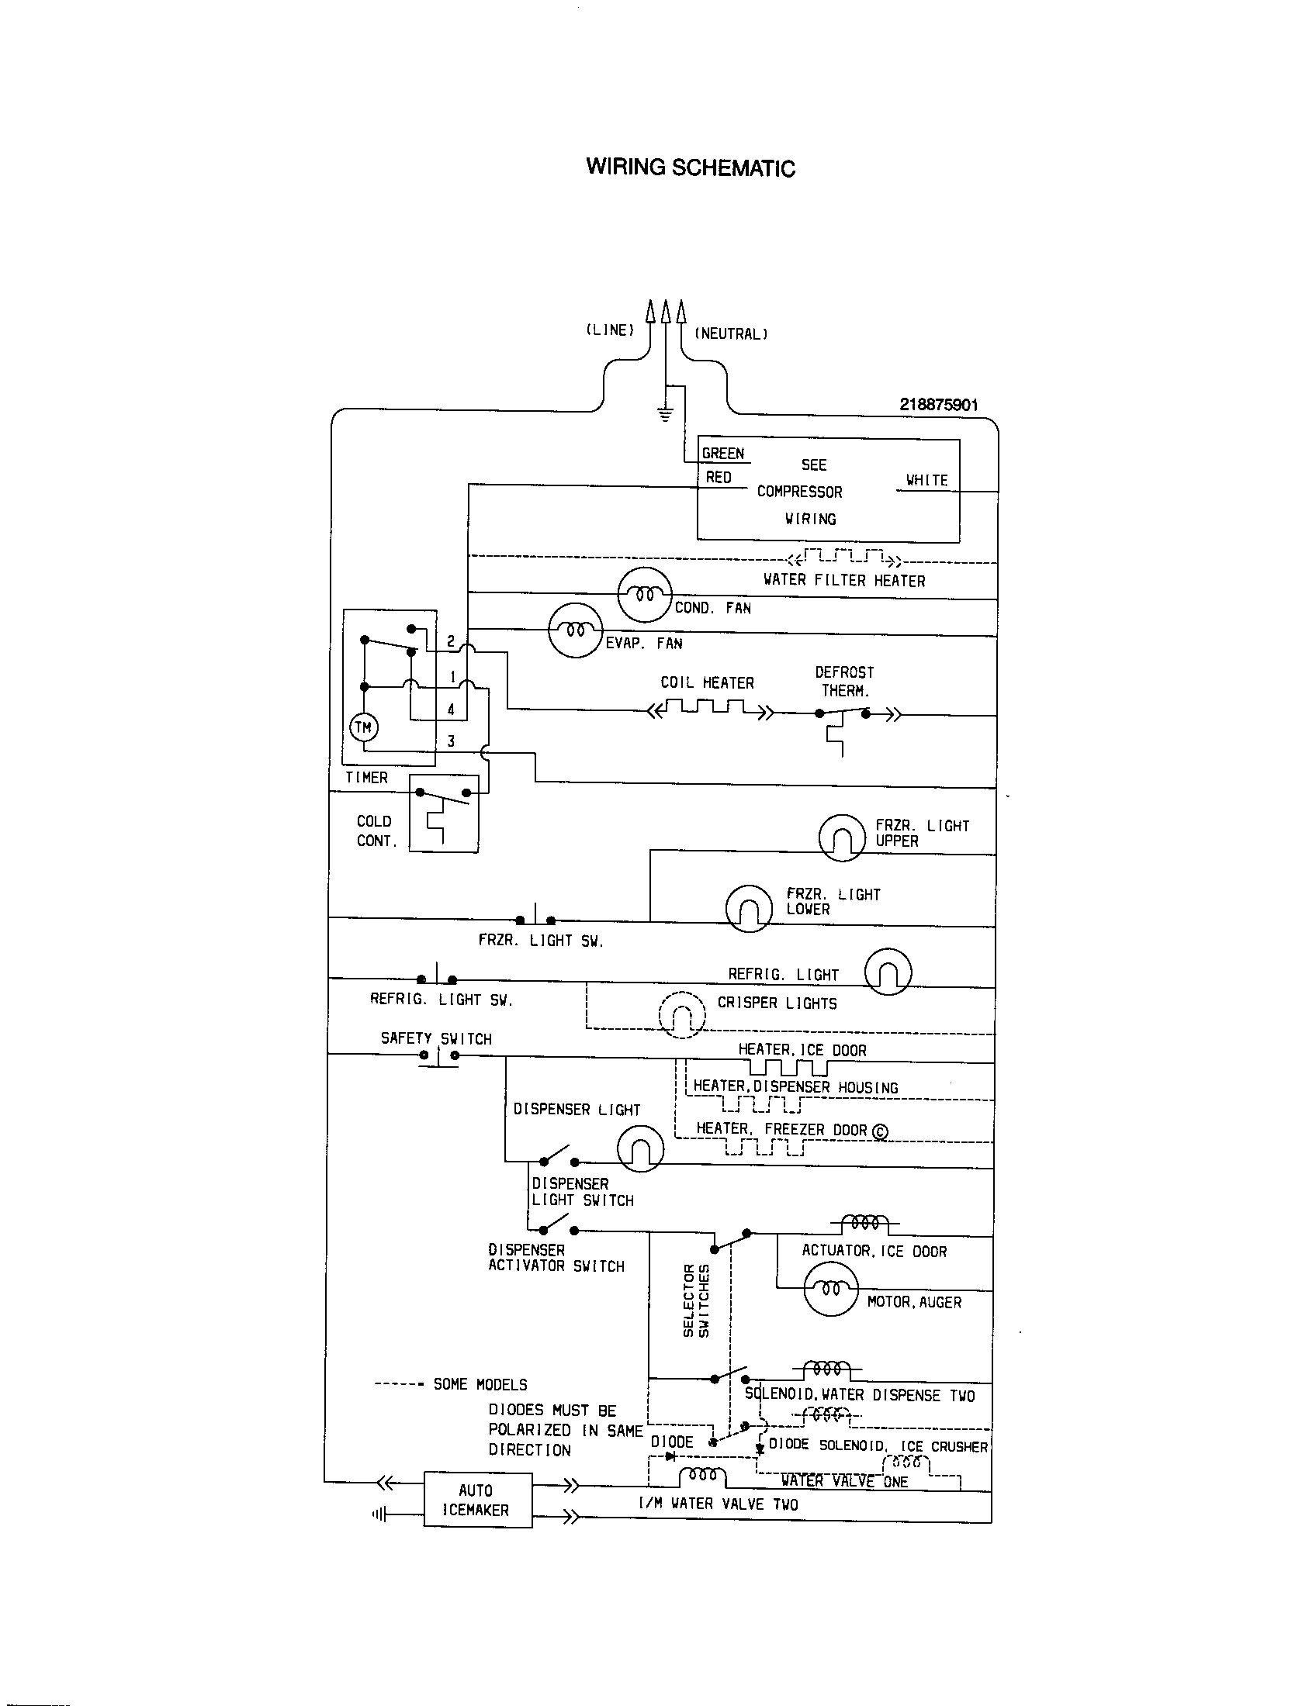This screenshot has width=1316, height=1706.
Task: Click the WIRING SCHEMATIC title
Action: pos(690,168)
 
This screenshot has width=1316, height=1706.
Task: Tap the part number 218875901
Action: pos(938,405)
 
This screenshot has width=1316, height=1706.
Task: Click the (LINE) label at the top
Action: pos(610,330)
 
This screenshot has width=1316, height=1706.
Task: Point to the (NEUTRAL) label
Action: pos(732,334)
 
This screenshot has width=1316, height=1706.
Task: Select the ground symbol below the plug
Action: pos(664,415)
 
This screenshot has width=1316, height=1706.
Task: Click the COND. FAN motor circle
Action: pos(645,596)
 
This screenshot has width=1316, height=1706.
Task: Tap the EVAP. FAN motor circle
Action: pos(576,630)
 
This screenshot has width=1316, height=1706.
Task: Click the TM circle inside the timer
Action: pos(363,728)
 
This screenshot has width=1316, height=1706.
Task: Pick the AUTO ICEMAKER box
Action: pos(477,1500)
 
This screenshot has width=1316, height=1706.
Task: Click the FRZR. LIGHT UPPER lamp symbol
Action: pos(842,838)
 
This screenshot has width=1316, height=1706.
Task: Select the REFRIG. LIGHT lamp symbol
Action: pos(888,972)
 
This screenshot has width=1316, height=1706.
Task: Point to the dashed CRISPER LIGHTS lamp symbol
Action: pos(682,1016)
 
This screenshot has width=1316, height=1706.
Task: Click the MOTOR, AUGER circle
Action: pos(831,1290)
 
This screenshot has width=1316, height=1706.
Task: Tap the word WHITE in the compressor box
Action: pos(926,481)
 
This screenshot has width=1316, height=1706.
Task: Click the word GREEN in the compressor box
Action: pos(723,454)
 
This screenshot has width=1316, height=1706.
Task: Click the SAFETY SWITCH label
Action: pos(436,1039)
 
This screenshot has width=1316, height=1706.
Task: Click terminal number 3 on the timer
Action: pos(451,741)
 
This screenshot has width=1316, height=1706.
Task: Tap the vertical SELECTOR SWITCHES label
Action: pos(696,1300)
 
